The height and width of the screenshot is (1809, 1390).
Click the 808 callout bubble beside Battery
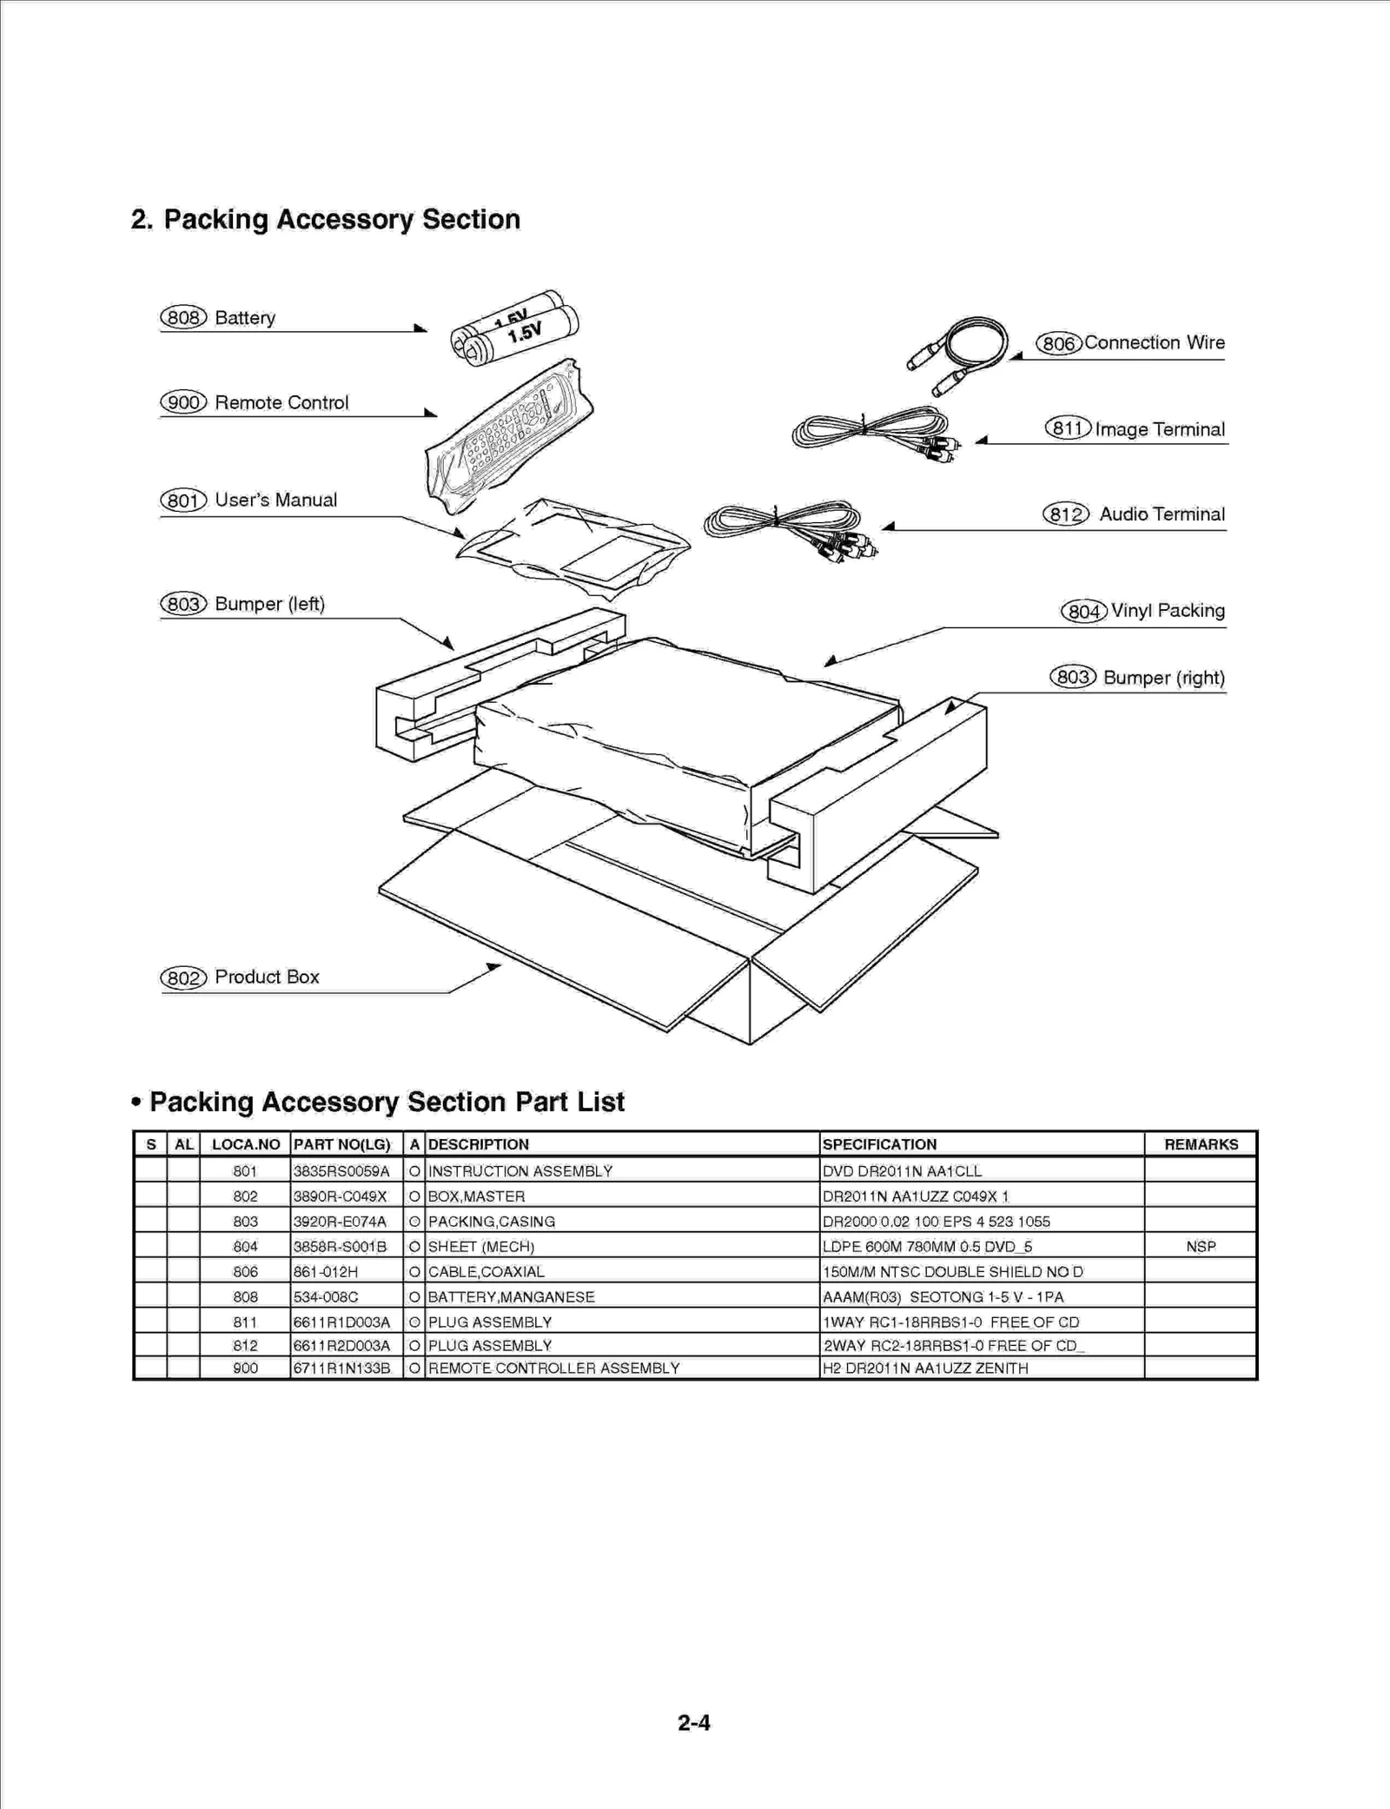click(x=182, y=318)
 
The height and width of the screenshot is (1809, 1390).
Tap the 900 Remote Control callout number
click(x=182, y=402)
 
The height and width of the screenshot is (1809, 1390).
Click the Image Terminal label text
click(x=1159, y=429)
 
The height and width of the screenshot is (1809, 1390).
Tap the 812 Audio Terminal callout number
click(x=1065, y=514)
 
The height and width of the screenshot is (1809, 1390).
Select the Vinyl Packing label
click(x=1167, y=611)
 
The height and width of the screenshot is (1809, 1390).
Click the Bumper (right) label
click(x=1163, y=678)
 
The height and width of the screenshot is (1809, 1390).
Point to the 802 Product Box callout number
click(x=182, y=977)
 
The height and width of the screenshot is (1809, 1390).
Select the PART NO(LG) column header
click(x=342, y=1144)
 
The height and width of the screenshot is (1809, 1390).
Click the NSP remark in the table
click(x=1201, y=1246)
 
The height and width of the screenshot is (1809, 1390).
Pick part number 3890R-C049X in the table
click(x=340, y=1196)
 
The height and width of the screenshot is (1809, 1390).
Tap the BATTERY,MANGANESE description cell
click(x=511, y=1296)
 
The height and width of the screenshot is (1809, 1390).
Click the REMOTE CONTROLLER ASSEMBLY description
click(x=553, y=1368)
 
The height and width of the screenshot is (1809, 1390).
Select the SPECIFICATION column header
click(x=879, y=1144)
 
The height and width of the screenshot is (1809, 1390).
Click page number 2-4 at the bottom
click(x=694, y=1722)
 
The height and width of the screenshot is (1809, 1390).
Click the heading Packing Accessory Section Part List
click(x=387, y=1102)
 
